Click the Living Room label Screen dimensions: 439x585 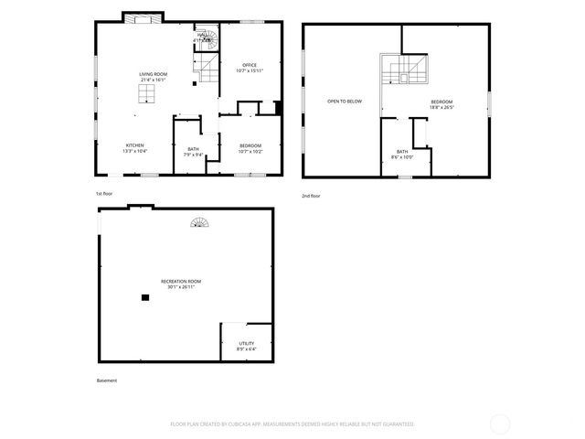(x=152, y=78)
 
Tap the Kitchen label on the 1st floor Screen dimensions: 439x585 (x=134, y=148)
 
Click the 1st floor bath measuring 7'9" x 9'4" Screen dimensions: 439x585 (x=193, y=151)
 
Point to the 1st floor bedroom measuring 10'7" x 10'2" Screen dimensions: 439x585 (x=250, y=148)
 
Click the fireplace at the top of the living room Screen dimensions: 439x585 (x=144, y=18)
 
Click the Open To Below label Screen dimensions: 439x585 (x=345, y=101)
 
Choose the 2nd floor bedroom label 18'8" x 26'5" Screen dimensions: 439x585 (x=441, y=103)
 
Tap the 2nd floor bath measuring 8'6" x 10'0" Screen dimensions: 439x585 (x=402, y=154)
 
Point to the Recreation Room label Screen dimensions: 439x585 (x=181, y=284)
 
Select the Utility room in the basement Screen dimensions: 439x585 (x=247, y=346)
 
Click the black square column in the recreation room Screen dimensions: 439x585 (x=144, y=297)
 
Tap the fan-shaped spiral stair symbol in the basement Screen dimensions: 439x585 (x=199, y=223)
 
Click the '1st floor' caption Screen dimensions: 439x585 (x=104, y=195)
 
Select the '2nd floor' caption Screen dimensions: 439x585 (x=311, y=196)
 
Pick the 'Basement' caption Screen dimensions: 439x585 (x=107, y=380)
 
